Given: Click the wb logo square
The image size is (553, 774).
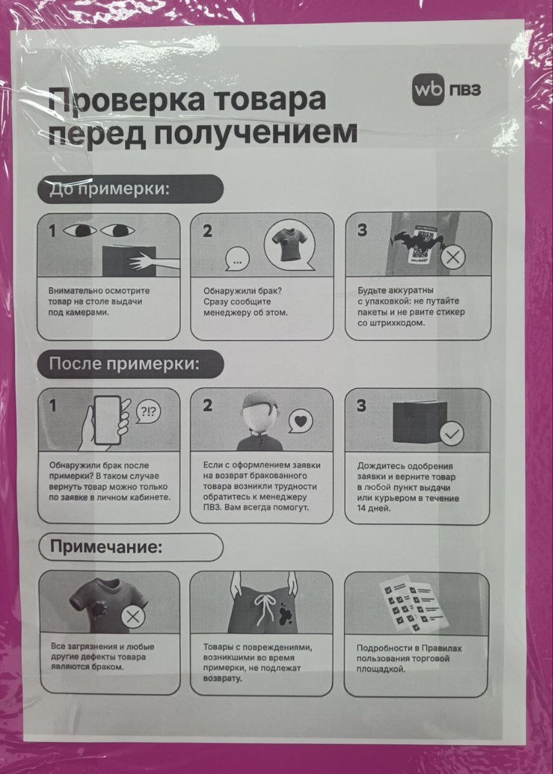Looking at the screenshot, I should (428, 90).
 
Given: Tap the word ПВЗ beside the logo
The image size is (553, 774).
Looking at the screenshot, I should (463, 90).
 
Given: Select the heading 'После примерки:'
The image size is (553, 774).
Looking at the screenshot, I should (130, 363).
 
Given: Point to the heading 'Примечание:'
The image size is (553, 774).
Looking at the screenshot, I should (130, 548).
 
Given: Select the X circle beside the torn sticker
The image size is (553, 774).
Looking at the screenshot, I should (454, 258).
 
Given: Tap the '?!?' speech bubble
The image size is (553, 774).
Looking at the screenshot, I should (149, 411).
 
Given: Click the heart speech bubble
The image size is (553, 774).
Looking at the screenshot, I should (300, 421).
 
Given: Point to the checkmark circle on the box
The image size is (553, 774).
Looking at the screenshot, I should (452, 433).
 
